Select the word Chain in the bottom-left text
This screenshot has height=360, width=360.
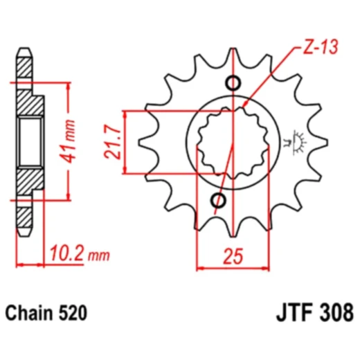tap(30, 314)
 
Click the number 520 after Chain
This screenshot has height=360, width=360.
tap(73, 314)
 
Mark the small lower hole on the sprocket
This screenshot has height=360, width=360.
tap(220, 201)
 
